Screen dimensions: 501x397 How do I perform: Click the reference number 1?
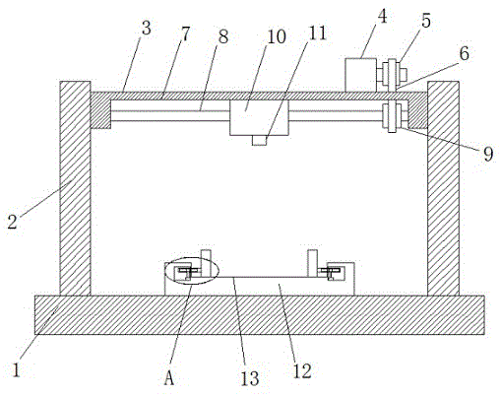[17, 369]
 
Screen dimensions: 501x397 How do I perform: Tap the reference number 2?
[12, 222]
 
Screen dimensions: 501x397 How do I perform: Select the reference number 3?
[146, 28]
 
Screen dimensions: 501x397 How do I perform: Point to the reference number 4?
[382, 17]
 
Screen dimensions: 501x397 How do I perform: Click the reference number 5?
[426, 21]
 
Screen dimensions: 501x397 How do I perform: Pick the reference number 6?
[464, 53]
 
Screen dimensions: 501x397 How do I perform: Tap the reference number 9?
[488, 154]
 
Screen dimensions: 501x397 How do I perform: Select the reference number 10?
[277, 36]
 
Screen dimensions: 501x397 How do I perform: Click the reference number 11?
[317, 33]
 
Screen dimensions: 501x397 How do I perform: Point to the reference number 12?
[302, 371]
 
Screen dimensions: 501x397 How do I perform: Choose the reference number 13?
[250, 378]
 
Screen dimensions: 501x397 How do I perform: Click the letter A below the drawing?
[169, 377]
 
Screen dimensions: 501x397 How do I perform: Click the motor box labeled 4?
[360, 75]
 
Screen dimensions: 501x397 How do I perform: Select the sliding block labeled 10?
[259, 117]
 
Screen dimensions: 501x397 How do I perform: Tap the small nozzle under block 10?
[259, 140]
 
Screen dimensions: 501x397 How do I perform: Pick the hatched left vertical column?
[75, 188]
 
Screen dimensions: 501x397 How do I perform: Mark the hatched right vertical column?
[443, 188]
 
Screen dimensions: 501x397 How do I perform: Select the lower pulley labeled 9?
[392, 117]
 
